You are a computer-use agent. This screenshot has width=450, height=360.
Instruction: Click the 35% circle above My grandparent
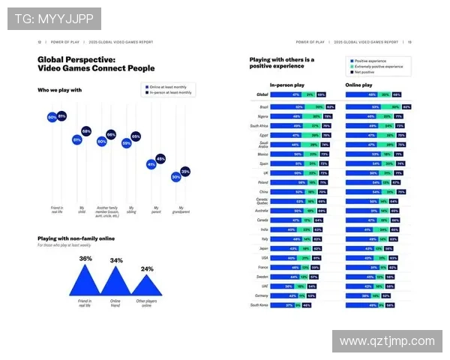185,172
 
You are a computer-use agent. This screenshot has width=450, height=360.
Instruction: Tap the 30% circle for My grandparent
175,177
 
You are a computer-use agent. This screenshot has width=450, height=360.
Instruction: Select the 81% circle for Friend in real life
61,116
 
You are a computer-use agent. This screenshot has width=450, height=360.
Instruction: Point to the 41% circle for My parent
151,164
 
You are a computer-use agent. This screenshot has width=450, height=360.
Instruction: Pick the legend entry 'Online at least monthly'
166,87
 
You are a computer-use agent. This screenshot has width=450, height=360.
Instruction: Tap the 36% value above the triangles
85,259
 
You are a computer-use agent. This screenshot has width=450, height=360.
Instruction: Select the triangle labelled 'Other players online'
145,286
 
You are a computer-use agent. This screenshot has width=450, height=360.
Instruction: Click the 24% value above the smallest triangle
147,268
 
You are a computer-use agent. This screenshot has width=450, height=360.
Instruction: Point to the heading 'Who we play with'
60,90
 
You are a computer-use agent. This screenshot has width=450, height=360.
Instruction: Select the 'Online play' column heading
359,85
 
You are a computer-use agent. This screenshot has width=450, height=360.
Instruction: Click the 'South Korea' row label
259,304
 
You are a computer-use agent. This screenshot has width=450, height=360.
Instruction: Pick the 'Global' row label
262,95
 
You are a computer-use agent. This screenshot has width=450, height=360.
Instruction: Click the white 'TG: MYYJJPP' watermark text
53,17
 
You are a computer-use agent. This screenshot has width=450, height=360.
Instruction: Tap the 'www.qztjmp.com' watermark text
386,341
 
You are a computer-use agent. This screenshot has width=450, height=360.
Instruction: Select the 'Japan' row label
263,248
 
